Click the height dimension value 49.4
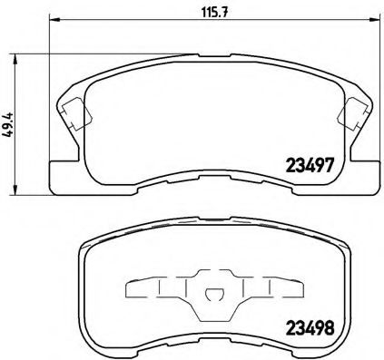[9, 123]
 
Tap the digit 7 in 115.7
[225, 12]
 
